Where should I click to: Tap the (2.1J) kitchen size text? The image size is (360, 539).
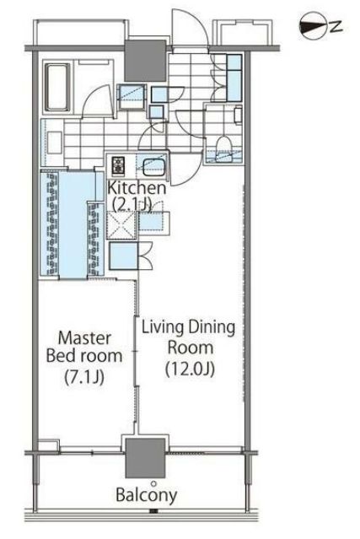(133, 203)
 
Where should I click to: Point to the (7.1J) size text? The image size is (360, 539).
(83, 377)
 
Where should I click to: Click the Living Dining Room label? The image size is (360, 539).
(188, 336)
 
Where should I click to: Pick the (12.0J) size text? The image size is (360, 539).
(187, 368)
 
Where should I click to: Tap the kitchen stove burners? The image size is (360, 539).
(117, 164)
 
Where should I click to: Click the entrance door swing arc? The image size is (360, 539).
(187, 25)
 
